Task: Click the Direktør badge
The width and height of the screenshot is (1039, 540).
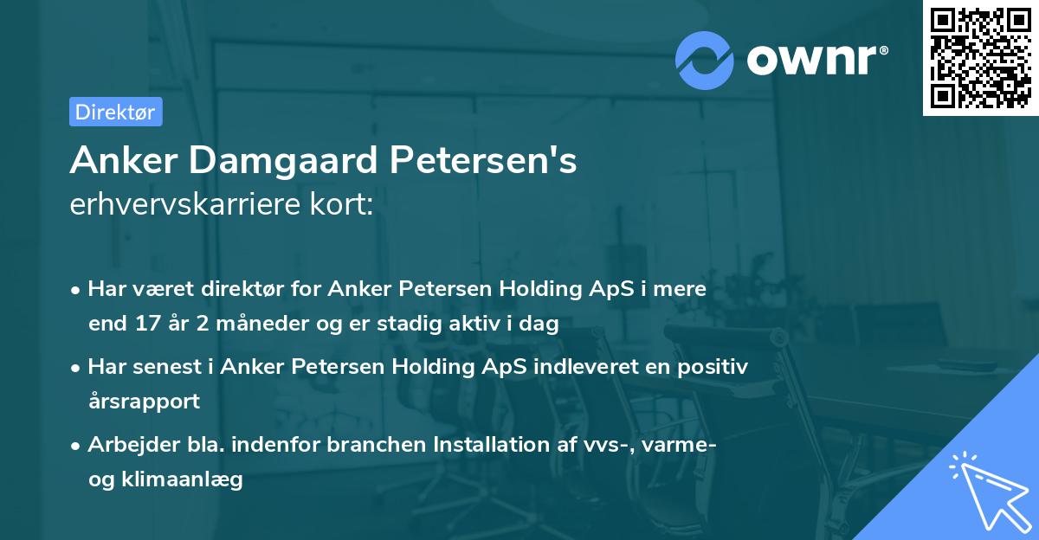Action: click(115, 112)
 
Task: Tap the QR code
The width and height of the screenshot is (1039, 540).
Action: click(980, 57)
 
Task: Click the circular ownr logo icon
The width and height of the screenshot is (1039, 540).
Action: click(704, 60)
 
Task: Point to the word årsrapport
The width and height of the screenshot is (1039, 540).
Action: click(144, 401)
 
